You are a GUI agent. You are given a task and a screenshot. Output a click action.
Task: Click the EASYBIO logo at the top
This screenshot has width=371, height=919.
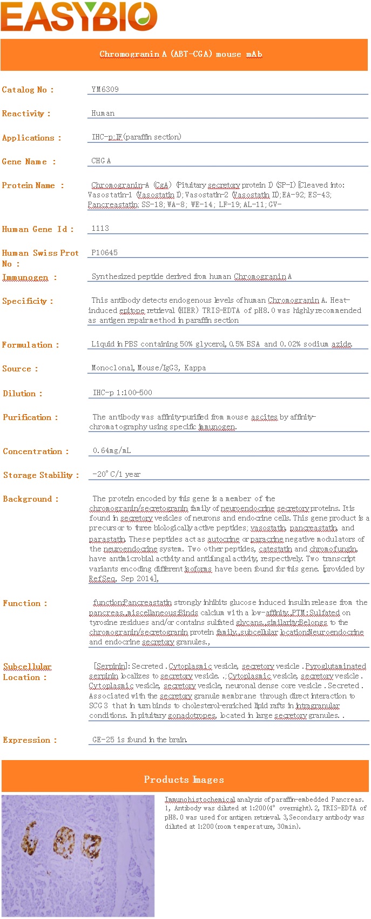coord(79,16)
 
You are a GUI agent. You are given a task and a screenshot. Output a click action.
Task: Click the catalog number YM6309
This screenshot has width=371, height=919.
coord(105,89)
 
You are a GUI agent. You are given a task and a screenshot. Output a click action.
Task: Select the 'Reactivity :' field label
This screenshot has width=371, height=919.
coord(26,114)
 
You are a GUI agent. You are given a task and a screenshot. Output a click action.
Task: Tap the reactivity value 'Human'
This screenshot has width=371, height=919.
coord(103,113)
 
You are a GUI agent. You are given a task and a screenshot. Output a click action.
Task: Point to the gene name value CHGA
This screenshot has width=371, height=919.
coord(101,161)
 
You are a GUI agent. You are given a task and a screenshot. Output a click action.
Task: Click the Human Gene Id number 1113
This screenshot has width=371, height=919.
coord(100,228)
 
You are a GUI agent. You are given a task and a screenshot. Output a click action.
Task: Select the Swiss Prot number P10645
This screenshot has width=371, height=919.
coord(104,252)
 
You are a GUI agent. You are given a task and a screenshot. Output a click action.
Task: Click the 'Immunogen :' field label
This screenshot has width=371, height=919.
coord(29,277)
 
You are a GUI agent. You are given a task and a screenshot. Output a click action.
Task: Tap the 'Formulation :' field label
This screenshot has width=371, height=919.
coord(30,345)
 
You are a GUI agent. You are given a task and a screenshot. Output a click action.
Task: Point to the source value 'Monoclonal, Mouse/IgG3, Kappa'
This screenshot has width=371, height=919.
coord(149,368)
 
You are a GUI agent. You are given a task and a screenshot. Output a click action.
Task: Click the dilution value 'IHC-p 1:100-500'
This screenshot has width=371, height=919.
coord(123,392)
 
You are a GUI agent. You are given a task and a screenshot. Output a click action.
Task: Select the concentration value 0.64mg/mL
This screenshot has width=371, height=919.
coord(112,450)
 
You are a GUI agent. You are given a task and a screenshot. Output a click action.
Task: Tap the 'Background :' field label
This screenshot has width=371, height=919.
coord(30,499)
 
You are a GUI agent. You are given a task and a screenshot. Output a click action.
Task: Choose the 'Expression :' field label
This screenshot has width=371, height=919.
coord(30,740)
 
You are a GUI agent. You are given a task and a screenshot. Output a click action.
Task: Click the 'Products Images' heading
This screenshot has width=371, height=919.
coord(184,780)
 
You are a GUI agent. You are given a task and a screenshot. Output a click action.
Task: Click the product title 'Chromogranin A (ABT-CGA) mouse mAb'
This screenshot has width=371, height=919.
coord(181,54)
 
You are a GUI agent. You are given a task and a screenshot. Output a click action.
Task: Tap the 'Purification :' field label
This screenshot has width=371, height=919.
coord(30,417)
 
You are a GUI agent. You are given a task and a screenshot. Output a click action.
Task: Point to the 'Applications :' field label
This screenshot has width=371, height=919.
coord(31,138)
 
